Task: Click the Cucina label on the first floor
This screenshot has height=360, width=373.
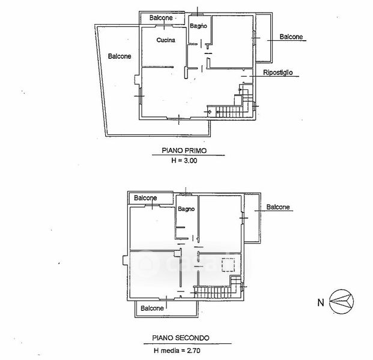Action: click(166, 40)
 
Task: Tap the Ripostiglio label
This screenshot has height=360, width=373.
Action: click(277, 73)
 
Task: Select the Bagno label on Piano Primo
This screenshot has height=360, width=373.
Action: click(198, 26)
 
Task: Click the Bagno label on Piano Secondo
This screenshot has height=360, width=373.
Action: click(186, 209)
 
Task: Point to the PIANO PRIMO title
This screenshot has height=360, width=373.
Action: click(184, 151)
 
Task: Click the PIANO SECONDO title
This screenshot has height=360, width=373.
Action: click(181, 338)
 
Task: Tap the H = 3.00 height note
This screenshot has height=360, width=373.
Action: click(184, 161)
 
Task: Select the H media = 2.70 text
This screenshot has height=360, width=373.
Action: click(177, 350)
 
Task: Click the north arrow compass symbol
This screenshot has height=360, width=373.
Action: click(341, 302)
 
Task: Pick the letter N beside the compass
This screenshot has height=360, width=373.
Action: click(321, 302)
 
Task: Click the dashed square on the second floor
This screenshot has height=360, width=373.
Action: click(228, 265)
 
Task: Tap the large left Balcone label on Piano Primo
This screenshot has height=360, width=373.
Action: click(120, 56)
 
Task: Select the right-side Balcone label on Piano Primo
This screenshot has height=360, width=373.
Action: click(291, 37)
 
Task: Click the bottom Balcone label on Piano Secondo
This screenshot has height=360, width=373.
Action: click(152, 308)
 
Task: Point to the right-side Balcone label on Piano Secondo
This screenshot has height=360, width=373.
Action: click(278, 207)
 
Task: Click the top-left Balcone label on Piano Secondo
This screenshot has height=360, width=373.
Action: click(145, 198)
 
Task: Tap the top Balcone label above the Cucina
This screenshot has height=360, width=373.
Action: click(161, 18)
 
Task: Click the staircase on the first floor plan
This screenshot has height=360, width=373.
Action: click(230, 112)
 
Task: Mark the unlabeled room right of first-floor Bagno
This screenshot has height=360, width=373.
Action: click(232, 41)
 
